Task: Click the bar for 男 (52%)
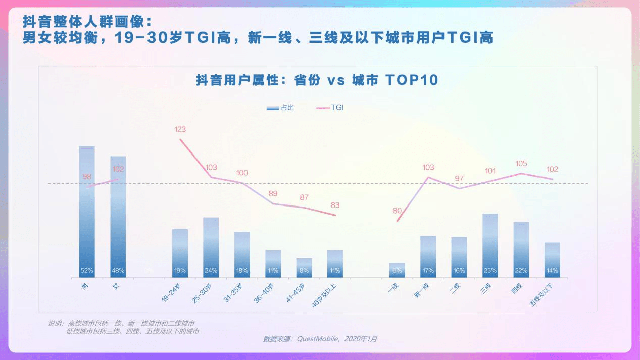click(x=87, y=212)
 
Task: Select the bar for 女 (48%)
click(x=118, y=217)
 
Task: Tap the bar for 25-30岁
click(x=211, y=247)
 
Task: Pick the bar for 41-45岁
click(x=304, y=268)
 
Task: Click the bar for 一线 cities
click(x=397, y=270)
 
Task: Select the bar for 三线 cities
click(x=490, y=245)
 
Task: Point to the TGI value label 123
click(x=180, y=129)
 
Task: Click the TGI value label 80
click(x=397, y=211)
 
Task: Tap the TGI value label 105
click(x=521, y=163)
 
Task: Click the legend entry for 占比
click(x=280, y=108)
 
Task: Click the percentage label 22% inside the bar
click(x=521, y=271)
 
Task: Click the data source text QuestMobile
click(x=320, y=339)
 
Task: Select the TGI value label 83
click(x=335, y=205)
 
